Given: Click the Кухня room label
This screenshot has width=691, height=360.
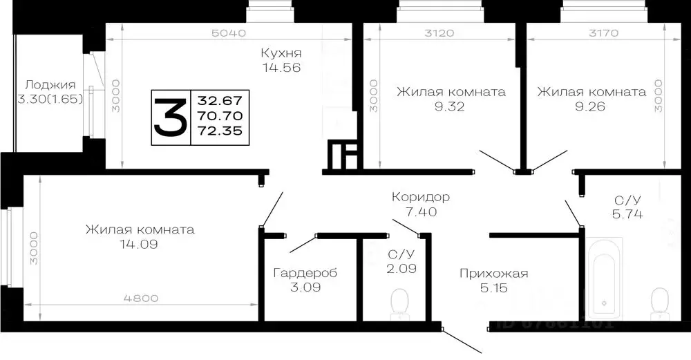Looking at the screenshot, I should pos(281,53).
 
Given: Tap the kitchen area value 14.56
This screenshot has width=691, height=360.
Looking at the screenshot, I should pos(281,68).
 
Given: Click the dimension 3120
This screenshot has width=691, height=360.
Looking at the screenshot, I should pos(439,33).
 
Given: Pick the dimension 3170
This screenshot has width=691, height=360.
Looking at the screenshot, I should pos(602,33).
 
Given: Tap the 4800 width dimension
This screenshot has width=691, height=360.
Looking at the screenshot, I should pos(141,299).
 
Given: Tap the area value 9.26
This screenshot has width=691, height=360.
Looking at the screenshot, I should pos(591,106).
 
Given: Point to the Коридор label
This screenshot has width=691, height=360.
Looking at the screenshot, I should pos(420,197).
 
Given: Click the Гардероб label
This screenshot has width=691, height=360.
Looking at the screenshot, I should pos(305,272).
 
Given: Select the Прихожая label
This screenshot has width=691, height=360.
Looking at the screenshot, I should pos(493,274).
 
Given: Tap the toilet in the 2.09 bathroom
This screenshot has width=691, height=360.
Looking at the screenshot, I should pos(399,304).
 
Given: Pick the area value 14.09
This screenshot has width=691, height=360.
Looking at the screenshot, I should pos(140,244).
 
